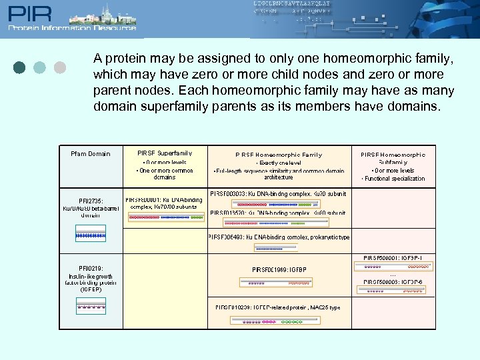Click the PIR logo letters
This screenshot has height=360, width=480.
pos(27,14)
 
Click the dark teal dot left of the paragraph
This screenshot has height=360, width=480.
pos(20,67)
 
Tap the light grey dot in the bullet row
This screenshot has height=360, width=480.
pos(59,67)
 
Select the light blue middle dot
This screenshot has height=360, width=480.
pos(40,67)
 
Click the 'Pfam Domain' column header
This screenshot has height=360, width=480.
pos(90,154)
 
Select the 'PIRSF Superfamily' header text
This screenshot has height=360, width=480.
pos(164,153)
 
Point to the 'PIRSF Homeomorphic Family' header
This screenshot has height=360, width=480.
pos(278,155)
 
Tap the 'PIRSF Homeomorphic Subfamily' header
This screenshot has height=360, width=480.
pos(393,158)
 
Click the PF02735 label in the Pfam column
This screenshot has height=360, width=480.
pos(91,201)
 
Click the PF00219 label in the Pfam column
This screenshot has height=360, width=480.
pos(91,268)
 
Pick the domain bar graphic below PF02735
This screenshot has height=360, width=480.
pos(91,235)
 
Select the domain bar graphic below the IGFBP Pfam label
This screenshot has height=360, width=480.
pos(91,307)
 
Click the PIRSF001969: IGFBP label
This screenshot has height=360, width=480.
pos(279,270)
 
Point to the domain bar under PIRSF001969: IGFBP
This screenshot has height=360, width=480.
pos(278,283)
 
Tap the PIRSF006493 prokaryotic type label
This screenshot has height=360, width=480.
pos(279,237)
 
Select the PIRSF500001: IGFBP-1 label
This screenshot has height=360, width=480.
pos(393,257)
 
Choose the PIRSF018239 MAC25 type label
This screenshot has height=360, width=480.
pos(278,307)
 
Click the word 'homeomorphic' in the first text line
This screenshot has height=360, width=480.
pos(323,58)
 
